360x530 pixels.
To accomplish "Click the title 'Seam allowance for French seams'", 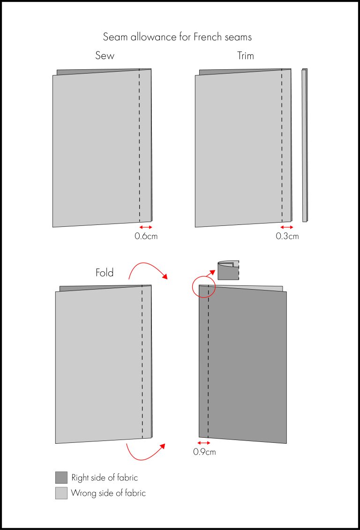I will coord(177,37).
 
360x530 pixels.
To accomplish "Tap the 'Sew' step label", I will coord(105,56).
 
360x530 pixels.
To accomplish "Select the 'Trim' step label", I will coord(246,56).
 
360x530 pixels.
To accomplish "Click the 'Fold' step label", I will coord(105,273).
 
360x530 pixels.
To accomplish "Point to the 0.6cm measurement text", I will coord(146,236).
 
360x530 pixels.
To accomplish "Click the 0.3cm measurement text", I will coord(287,236).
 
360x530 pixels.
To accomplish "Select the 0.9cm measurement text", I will coord(204,452).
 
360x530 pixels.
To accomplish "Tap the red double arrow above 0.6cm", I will coord(146,227).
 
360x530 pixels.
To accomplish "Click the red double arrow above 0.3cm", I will coord(287,227).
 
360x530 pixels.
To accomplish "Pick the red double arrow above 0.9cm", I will coord(203,443).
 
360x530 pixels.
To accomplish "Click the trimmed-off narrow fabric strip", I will coord(305,145).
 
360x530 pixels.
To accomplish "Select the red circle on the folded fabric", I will coord(203,286).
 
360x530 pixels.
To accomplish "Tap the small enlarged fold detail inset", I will coord(228,270).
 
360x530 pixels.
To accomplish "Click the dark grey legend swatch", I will coord(61,478).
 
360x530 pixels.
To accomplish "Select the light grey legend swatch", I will coord(61,493).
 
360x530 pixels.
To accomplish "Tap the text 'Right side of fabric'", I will coord(105,478).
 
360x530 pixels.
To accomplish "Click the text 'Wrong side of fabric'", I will coord(108,493).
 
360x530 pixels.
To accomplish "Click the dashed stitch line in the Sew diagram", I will coord(140,145).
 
